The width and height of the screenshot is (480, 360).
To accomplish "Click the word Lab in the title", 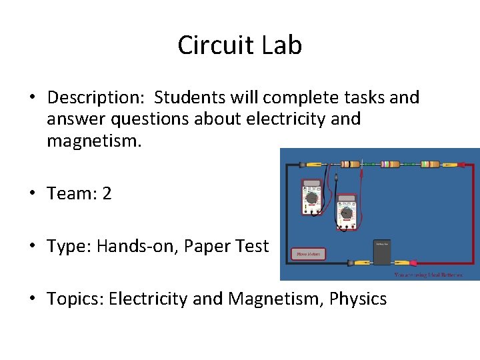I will pyautogui.click(x=281, y=45).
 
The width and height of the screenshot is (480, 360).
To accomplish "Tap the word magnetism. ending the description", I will pyautogui.click(x=94, y=141).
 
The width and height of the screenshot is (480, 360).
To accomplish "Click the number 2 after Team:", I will pyautogui.click(x=107, y=194).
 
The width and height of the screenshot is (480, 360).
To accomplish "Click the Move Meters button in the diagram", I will pyautogui.click(x=309, y=253).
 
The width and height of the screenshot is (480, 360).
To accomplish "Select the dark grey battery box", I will pyautogui.click(x=382, y=248).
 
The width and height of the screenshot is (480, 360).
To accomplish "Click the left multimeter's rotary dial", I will pyautogui.click(x=311, y=198).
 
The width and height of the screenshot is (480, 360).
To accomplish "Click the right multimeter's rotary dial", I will pyautogui.click(x=346, y=213).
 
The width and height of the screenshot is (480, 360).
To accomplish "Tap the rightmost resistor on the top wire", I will pyautogui.click(x=430, y=163).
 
